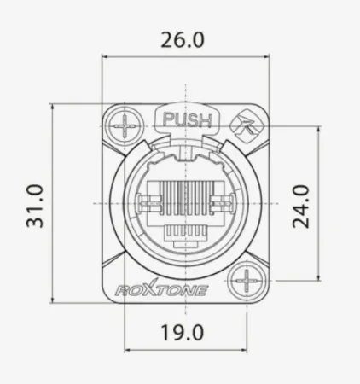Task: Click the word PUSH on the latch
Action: click(186, 119)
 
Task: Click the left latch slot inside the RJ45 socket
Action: click(149, 205)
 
